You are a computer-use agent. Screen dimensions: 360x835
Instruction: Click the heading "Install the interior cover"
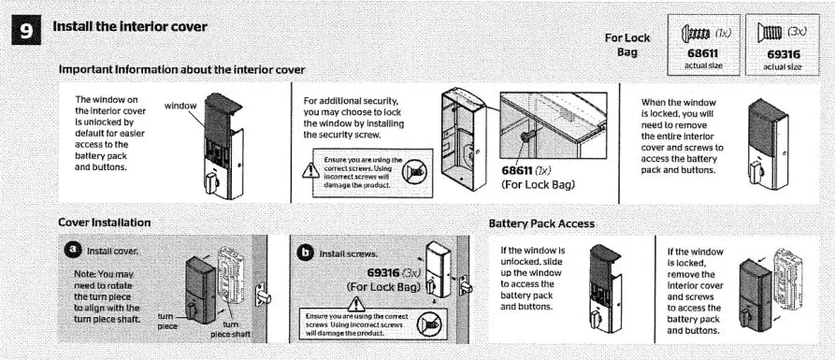coord(130,26)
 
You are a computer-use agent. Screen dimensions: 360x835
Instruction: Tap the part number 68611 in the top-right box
coord(702,55)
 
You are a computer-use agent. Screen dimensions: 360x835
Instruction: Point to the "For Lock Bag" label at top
coord(626,44)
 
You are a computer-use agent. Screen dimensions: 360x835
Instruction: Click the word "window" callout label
coord(180,106)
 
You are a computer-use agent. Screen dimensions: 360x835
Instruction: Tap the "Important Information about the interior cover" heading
coord(180,70)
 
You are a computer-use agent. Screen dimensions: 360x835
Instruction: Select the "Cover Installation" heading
coord(105,223)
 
